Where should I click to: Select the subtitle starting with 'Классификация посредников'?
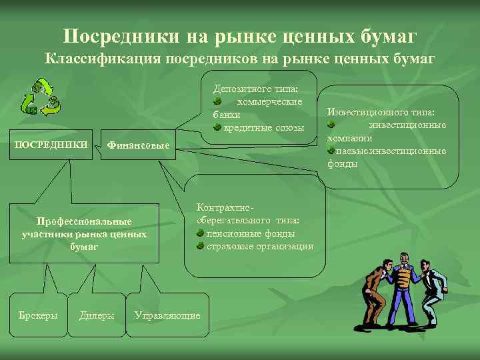coord(239,59)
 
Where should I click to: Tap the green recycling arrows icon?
coord(41,97)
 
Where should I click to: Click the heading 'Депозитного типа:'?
coord(255,88)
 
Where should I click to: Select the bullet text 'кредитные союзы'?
coord(264,127)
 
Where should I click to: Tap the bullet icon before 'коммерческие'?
coord(218,101)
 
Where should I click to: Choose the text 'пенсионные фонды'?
coord(251,233)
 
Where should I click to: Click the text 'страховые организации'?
coord(260,247)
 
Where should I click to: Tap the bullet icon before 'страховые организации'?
coord(200,247)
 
